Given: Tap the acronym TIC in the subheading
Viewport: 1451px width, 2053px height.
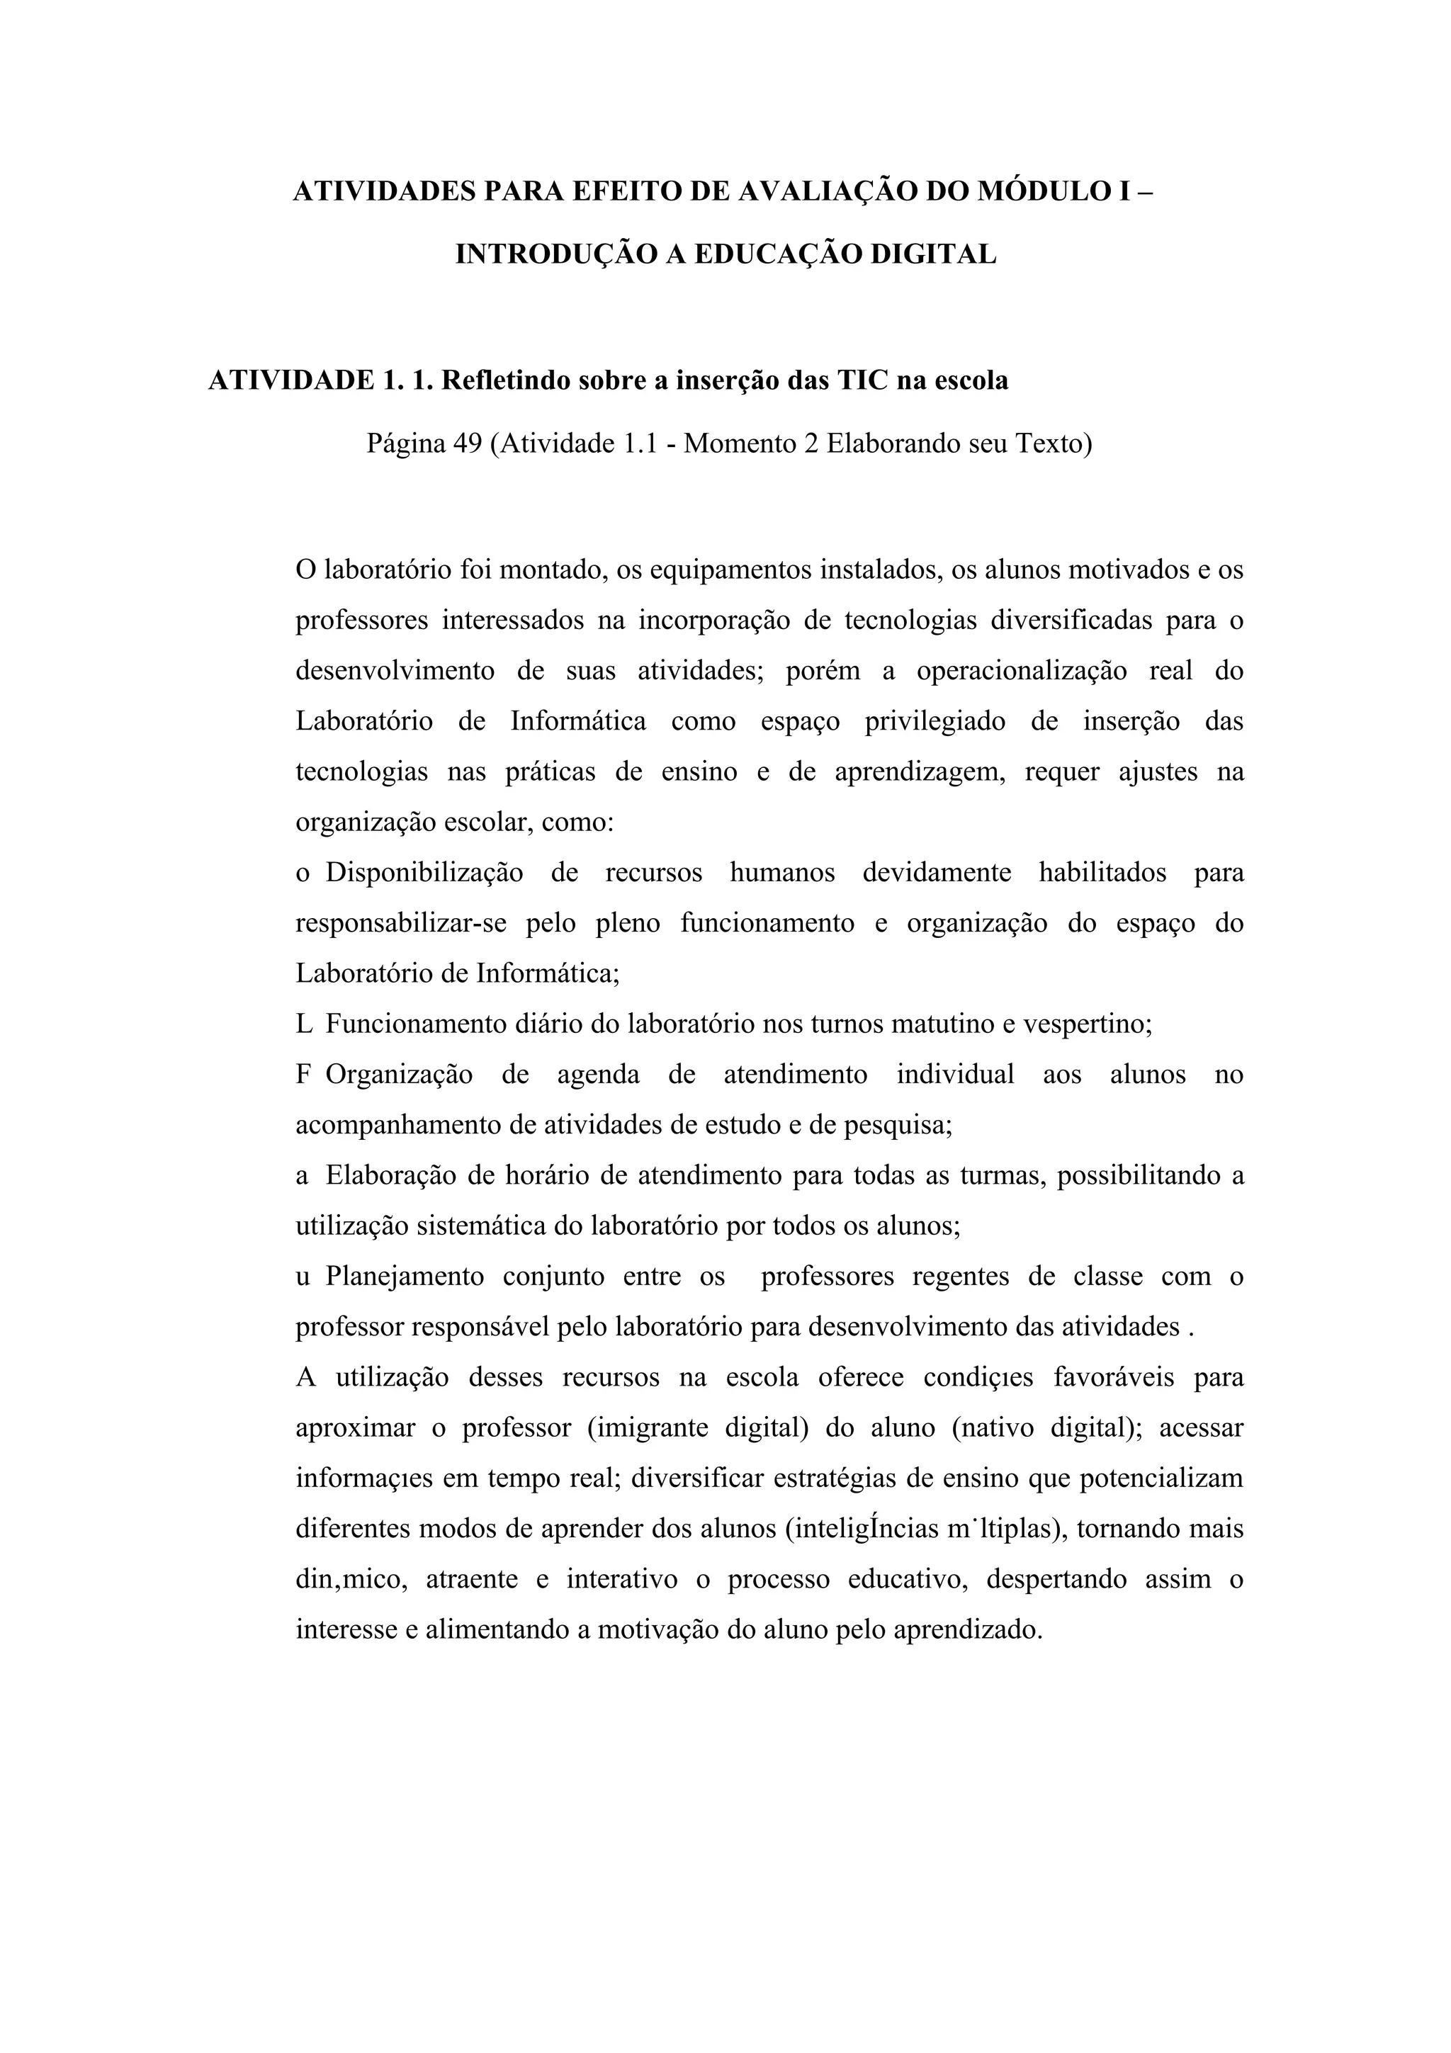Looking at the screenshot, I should (x=858, y=381).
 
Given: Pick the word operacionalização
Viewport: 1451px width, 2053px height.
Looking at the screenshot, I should (x=1021, y=671).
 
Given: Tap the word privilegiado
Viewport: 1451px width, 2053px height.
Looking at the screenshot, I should (x=935, y=722).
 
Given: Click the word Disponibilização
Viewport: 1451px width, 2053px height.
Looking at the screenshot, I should (x=424, y=872).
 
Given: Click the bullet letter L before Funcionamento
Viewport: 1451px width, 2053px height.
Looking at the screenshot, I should (x=304, y=1024).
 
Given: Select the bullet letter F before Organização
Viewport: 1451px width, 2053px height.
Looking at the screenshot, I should (x=303, y=1074).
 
